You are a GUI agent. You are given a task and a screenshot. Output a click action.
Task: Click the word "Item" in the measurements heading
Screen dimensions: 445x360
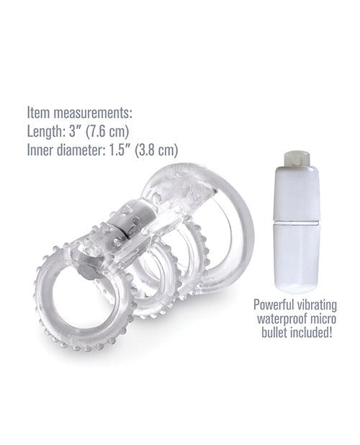coord(38,113)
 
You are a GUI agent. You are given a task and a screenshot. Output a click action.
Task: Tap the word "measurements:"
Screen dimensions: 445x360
coord(95,113)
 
